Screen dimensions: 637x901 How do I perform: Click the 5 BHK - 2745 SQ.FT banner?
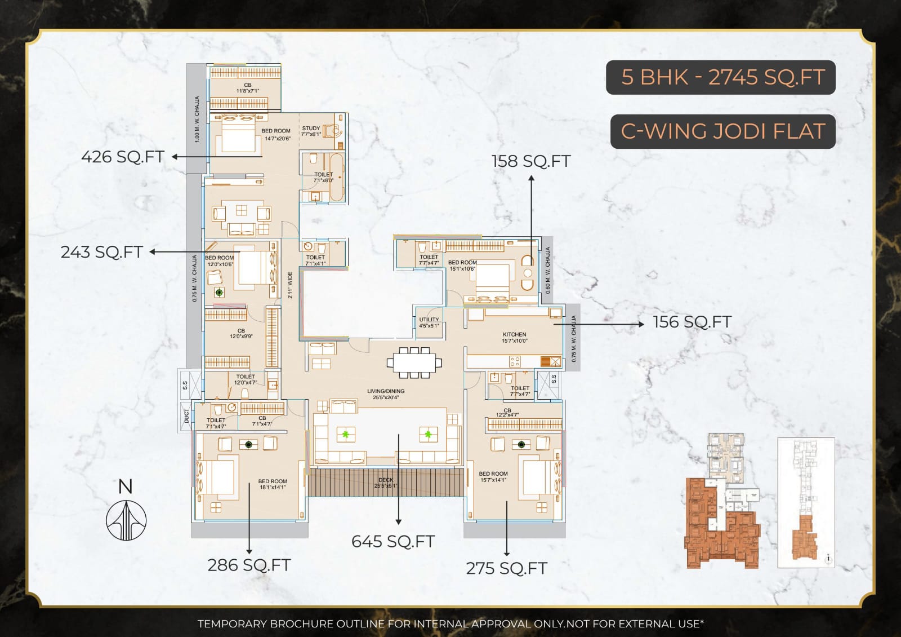pos(720,77)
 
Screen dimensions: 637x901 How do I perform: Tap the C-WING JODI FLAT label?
pos(722,131)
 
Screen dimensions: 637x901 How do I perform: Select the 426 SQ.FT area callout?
pos(123,157)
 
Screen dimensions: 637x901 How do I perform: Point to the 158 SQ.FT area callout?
pos(530,161)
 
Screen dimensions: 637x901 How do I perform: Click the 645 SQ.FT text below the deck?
pos(393,542)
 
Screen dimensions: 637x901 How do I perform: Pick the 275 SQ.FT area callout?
pos(506,568)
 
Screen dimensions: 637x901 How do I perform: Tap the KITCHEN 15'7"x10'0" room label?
pos(514,337)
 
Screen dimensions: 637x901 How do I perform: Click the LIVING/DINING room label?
pos(386,393)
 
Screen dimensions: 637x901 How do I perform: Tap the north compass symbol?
pos(126,514)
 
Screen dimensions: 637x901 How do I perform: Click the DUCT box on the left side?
pos(186,416)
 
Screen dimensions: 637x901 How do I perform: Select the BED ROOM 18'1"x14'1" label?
pos(273,484)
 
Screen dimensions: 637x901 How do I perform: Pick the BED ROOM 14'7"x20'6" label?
pos(276,134)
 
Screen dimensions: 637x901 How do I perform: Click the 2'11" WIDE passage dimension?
pos(290,285)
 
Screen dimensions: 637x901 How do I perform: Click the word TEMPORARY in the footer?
pos(231,624)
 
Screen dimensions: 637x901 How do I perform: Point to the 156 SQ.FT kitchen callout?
pos(692,322)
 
